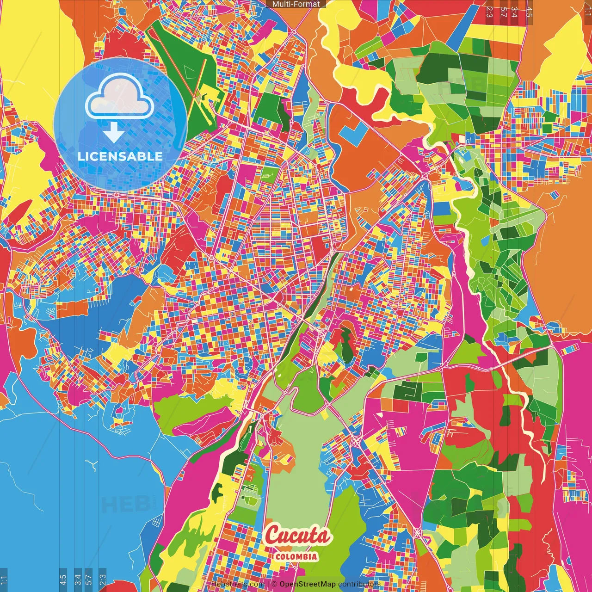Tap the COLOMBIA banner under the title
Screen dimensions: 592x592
pos(296,556)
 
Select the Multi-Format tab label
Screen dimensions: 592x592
pos(296,4)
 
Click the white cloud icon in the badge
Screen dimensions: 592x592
pos(119,98)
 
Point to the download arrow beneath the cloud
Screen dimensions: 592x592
pos(113,133)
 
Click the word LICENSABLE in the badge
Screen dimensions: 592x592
pos(120,156)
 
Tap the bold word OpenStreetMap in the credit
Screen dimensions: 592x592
pos(307,584)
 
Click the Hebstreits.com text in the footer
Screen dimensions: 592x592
pos(238,584)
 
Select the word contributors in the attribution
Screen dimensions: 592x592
pos(359,584)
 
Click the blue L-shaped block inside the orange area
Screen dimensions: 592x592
pos(353,132)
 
